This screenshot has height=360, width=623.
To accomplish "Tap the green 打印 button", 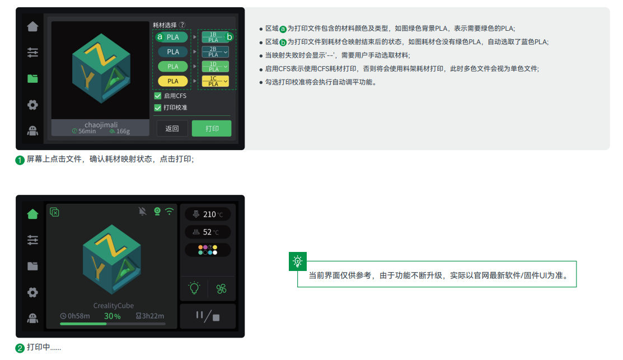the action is (x=212, y=128).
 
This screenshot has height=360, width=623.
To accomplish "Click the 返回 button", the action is (x=172, y=128).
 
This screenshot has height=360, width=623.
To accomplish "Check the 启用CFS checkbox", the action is (x=158, y=96).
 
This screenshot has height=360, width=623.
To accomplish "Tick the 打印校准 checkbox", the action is (x=158, y=107).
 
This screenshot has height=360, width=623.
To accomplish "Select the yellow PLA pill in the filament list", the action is (x=173, y=81).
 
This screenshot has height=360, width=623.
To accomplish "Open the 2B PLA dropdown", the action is (x=215, y=52).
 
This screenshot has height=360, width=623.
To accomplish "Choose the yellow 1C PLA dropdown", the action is (x=215, y=81).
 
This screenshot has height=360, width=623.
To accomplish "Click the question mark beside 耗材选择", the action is (x=182, y=25).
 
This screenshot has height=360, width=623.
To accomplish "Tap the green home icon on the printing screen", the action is (x=32, y=214).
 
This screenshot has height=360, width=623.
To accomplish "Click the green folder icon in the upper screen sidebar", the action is (x=32, y=79).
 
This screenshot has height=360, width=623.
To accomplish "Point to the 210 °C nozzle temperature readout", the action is (x=208, y=214).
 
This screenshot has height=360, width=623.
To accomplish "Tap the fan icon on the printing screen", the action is (x=221, y=288).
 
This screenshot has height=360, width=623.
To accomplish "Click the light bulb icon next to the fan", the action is (x=194, y=288).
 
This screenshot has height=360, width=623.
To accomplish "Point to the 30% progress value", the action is (x=113, y=316).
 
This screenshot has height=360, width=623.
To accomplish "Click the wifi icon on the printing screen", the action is (x=170, y=211).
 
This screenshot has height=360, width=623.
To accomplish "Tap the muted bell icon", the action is (x=142, y=211).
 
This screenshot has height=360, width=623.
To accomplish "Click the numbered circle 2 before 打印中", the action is (x=20, y=348).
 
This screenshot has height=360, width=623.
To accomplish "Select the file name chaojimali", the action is (x=101, y=124).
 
